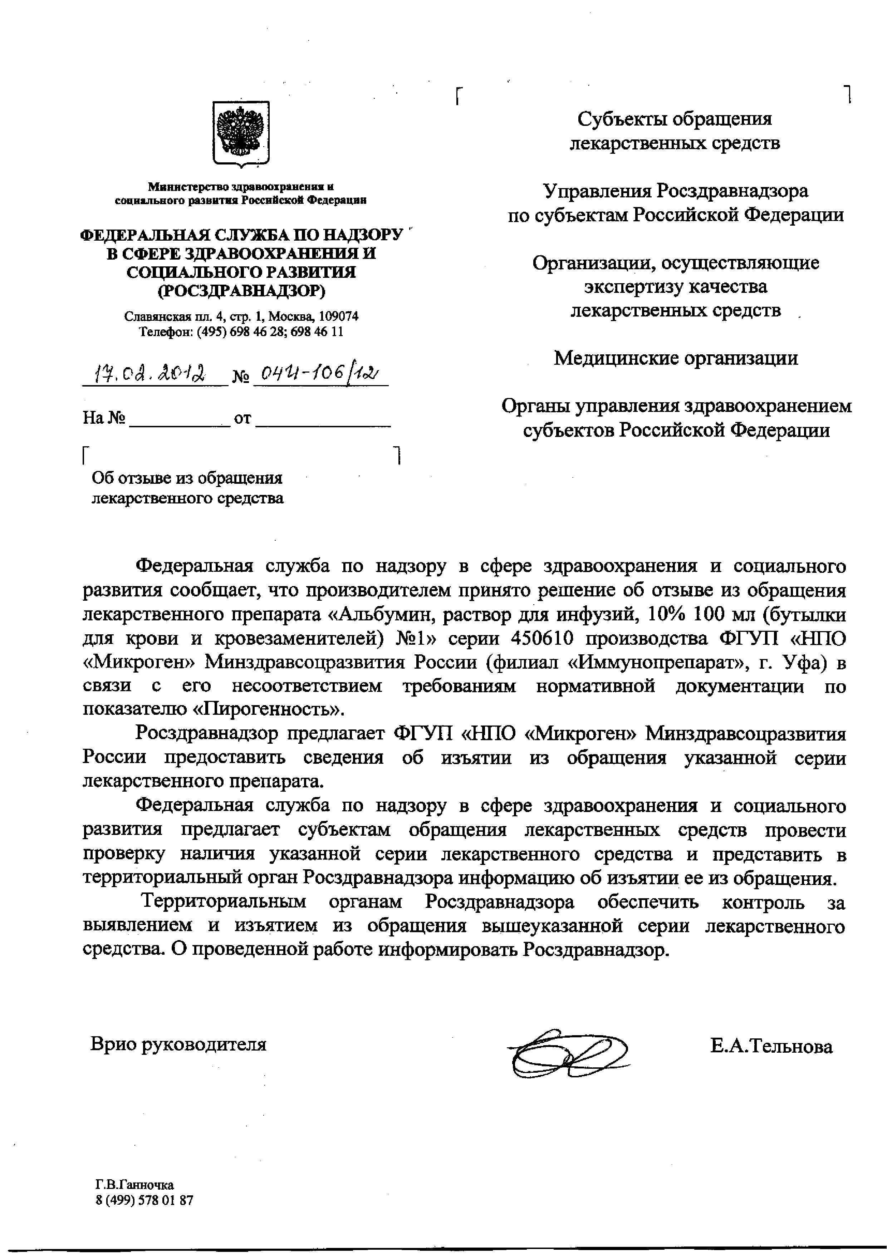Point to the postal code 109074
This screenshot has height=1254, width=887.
pyautogui.click(x=339, y=316)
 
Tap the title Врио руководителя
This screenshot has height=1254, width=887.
pyautogui.click(x=178, y=1044)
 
